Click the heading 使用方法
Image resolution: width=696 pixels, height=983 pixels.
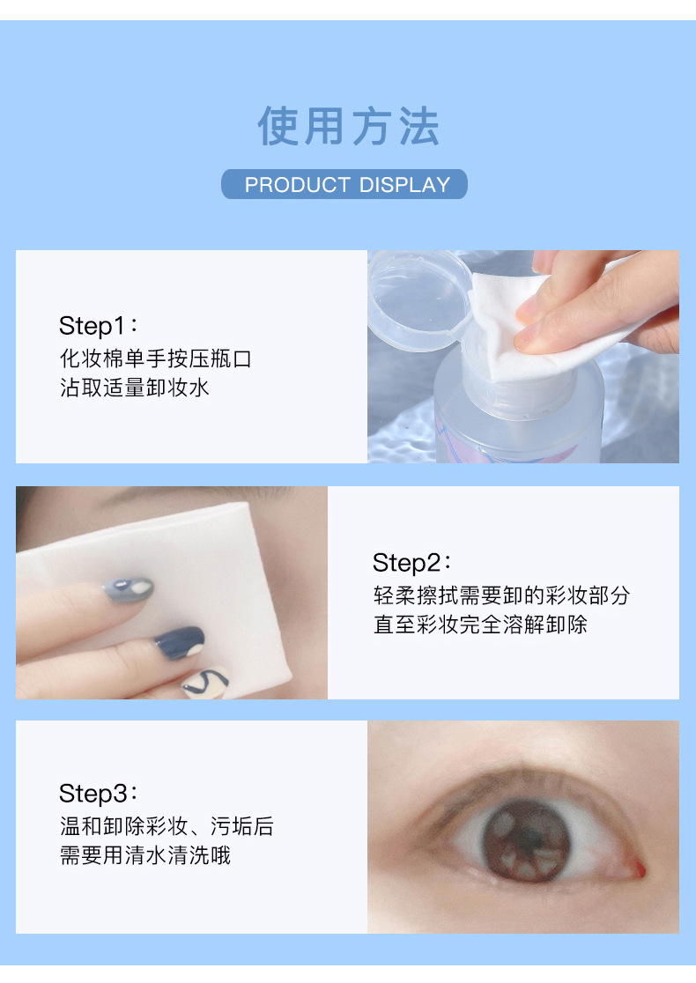pos(348,126)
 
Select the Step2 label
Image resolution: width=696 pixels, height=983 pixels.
pos(411,562)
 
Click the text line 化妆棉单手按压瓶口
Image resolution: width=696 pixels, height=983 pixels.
pos(155,358)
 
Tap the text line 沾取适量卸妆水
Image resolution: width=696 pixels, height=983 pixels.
pos(135,387)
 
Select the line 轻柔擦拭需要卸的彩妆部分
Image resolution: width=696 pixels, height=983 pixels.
pos(501,595)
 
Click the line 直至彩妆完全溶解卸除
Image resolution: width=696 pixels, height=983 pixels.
pos(480,625)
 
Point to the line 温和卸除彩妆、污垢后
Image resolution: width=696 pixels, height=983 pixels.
pos(167,826)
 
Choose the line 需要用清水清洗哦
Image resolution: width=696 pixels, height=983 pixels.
pos(145,854)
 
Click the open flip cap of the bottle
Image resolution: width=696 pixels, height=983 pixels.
pos(414,295)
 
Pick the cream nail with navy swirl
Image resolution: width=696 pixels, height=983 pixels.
pos(204,682)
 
